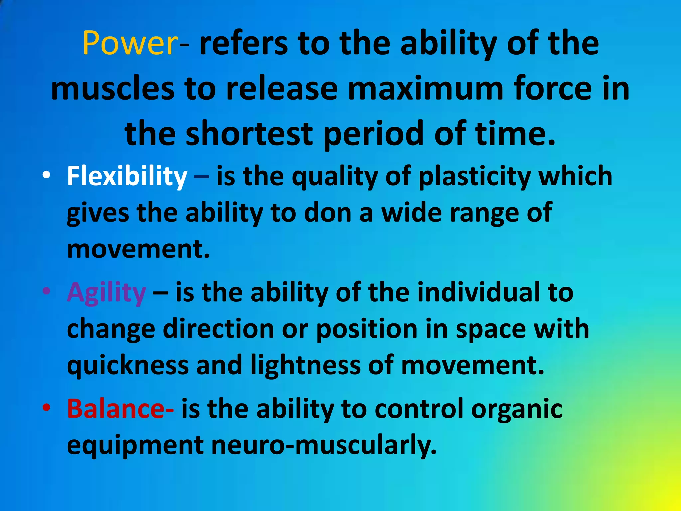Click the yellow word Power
click(x=130, y=43)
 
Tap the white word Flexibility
click(x=127, y=176)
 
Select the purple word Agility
click(x=106, y=293)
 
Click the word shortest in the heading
click(x=249, y=134)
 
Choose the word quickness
click(x=128, y=365)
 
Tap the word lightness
click(x=306, y=365)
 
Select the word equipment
click(x=135, y=445)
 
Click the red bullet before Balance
click(x=47, y=407)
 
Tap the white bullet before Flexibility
click(x=47, y=175)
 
